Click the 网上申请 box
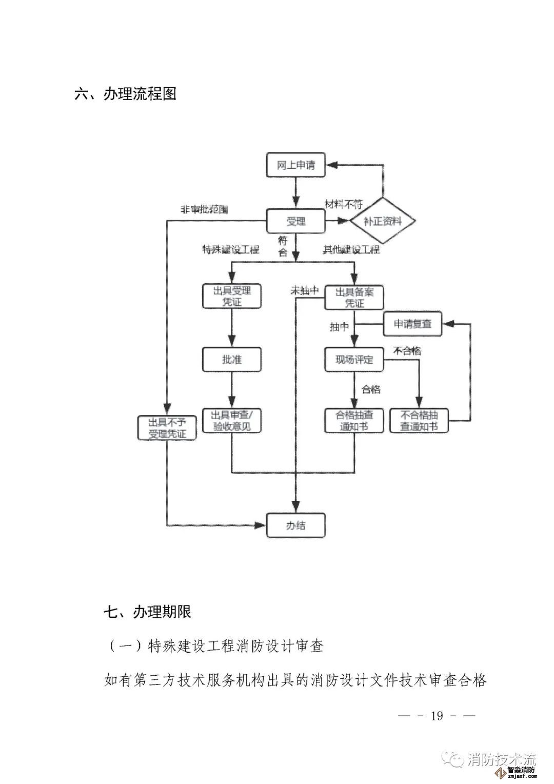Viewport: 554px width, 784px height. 296,165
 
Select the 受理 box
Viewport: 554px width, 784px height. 295,221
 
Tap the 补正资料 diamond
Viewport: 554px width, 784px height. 382,221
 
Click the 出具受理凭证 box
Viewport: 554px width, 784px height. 231,296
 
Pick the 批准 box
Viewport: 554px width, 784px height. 231,359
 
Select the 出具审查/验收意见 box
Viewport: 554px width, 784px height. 231,420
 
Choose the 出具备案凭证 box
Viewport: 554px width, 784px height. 354,297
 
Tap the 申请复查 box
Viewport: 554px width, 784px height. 412,324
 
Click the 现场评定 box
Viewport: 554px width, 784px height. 354,359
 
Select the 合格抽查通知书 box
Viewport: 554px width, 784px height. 354,420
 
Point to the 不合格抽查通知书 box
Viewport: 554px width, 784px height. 419,420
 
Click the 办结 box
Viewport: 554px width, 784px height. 295,525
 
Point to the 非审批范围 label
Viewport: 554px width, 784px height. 203,210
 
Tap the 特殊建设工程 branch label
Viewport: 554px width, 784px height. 231,250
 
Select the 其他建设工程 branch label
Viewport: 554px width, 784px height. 351,250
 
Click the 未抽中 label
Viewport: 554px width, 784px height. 305,290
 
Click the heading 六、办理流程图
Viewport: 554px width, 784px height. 125,94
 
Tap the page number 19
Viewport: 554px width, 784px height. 437,715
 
